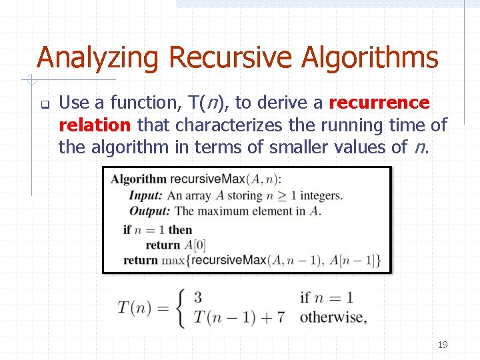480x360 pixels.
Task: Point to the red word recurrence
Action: coord(379,103)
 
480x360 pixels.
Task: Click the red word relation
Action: coord(95,125)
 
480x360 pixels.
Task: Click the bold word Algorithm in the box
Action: coord(139,179)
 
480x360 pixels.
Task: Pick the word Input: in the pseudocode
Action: coord(146,195)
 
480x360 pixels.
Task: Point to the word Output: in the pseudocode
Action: coord(150,211)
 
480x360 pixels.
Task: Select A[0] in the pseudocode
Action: coord(195,245)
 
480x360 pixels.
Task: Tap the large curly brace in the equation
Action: coord(181,307)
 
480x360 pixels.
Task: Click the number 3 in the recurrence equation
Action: coord(198,297)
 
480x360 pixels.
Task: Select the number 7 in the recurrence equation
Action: coord(281,317)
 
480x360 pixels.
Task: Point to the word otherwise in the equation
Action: coord(333,317)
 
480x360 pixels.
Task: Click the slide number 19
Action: coord(442,345)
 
